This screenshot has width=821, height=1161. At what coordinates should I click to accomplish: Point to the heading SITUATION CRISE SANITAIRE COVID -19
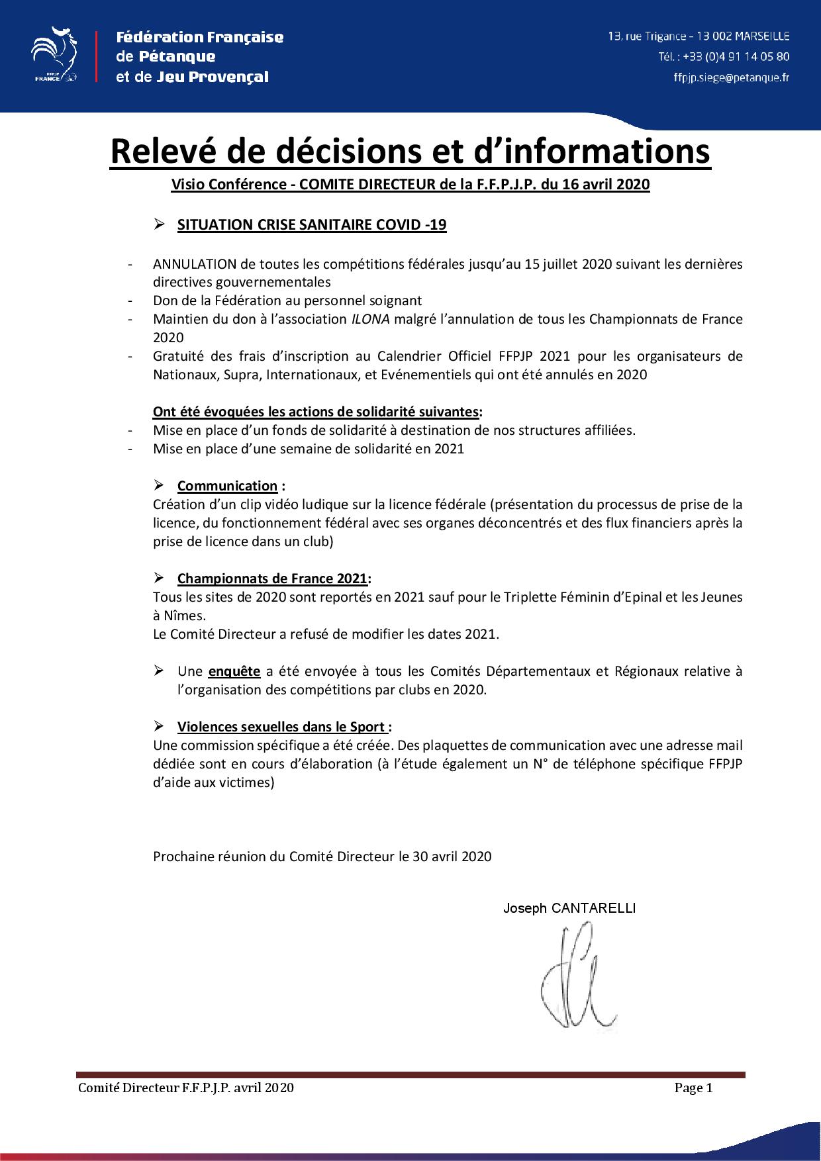[312, 224]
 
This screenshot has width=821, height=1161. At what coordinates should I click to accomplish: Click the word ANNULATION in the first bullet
[194, 264]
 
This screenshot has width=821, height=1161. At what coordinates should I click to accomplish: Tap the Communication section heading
[227, 486]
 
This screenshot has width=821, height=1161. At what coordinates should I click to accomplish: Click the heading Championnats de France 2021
[272, 579]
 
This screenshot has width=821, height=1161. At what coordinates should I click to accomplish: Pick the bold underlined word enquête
[234, 671]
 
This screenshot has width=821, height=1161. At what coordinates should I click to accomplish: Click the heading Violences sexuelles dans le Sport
[281, 727]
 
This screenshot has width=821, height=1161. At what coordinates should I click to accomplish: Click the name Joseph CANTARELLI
[569, 908]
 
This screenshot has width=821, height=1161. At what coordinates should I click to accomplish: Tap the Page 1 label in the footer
[693, 1088]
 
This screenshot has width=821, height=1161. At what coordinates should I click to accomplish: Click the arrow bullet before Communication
[159, 485]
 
